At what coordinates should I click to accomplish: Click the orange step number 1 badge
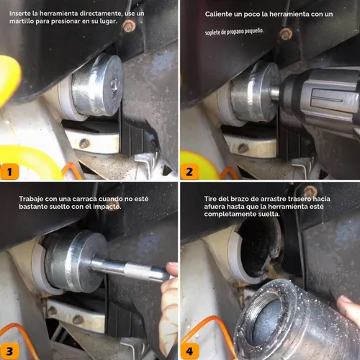click(x=9, y=171)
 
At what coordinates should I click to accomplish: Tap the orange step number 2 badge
click(x=189, y=171)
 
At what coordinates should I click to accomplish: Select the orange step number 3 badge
click(x=9, y=351)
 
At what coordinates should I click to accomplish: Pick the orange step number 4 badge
click(x=189, y=351)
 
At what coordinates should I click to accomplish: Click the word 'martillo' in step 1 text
click(x=22, y=21)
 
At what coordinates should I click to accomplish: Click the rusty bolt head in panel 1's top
click(x=129, y=26)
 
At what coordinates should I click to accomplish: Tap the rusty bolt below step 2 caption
click(x=286, y=34)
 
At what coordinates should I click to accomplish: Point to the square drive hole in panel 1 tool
click(x=114, y=84)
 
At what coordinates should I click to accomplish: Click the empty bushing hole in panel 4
click(x=258, y=250)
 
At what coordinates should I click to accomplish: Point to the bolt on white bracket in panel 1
click(x=84, y=143)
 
